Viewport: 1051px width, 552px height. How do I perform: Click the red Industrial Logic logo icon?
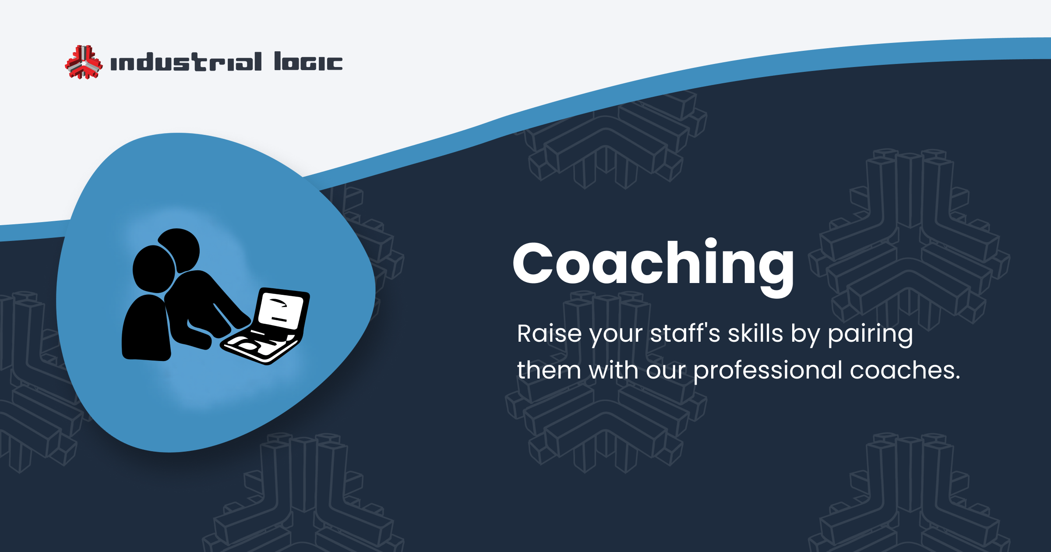pos(84,62)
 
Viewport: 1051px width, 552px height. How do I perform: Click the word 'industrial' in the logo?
pos(186,62)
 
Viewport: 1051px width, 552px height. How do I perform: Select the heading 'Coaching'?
pos(653,265)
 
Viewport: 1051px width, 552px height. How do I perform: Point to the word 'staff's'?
pos(685,334)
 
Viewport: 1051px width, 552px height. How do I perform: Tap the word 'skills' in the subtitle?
pos(755,334)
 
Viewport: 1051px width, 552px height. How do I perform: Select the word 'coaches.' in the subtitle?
pos(905,371)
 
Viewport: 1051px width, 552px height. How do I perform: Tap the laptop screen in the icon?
pos(281,311)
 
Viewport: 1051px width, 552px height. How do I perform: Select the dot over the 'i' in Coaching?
pos(711,244)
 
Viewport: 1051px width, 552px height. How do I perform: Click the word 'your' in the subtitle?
pos(616,335)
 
